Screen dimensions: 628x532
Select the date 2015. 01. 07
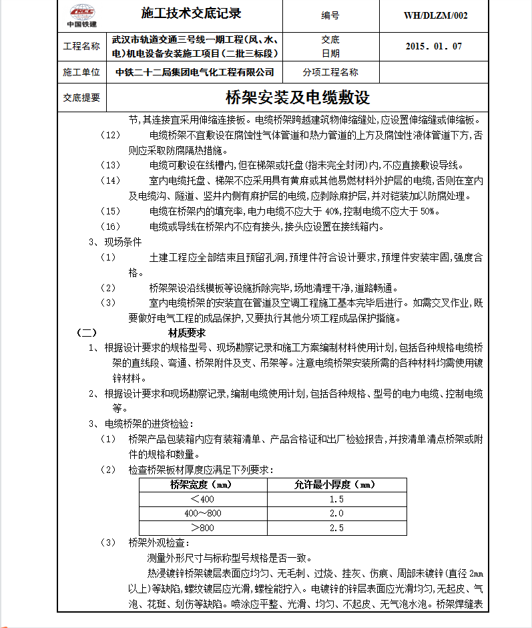[434, 46]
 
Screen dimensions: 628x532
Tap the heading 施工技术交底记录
[192, 14]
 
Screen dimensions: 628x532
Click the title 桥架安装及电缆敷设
[298, 98]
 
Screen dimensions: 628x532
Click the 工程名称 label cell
[81, 46]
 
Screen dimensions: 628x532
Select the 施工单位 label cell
[81, 72]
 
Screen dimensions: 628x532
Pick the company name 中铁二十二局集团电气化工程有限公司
[195, 72]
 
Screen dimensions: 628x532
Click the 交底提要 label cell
[81, 98]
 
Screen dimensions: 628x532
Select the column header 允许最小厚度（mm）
[336, 484]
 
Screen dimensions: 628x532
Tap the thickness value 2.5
[336, 528]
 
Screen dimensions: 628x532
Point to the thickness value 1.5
[336, 499]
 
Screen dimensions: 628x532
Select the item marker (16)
[110, 226]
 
